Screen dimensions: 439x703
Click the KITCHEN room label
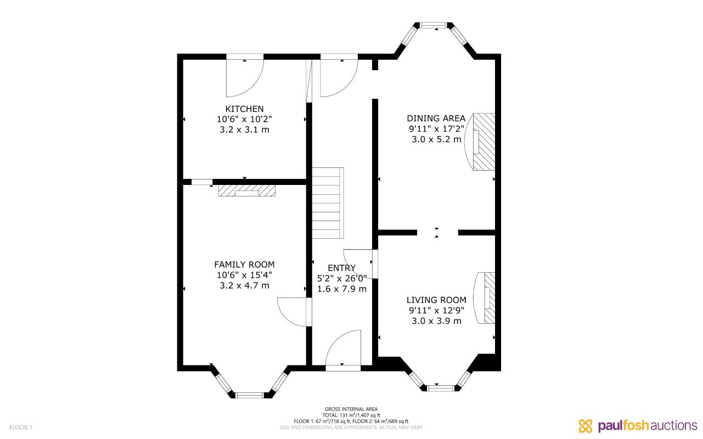pyautogui.click(x=244, y=109)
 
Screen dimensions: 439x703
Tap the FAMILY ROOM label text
pyautogui.click(x=244, y=264)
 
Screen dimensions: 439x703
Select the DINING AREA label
pyautogui.click(x=436, y=119)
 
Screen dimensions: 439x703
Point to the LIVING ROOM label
pyautogui.click(x=436, y=300)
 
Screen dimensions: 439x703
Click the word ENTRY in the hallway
pyautogui.click(x=341, y=268)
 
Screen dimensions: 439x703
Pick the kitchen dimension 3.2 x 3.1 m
pyautogui.click(x=244, y=130)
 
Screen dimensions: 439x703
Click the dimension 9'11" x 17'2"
pyautogui.click(x=436, y=129)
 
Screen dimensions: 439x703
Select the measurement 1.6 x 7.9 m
pyautogui.click(x=341, y=289)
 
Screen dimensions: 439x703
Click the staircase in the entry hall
pyautogui.click(x=328, y=202)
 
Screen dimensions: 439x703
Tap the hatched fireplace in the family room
pyautogui.click(x=246, y=190)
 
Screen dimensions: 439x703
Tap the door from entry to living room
pyautogui.click(x=358, y=264)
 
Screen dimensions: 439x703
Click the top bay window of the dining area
pyautogui.click(x=434, y=25)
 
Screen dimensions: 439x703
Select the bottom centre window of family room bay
pyautogui.click(x=250, y=394)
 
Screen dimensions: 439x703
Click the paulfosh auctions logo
pyautogui.click(x=637, y=425)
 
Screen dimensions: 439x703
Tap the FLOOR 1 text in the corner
pyautogui.click(x=21, y=427)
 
